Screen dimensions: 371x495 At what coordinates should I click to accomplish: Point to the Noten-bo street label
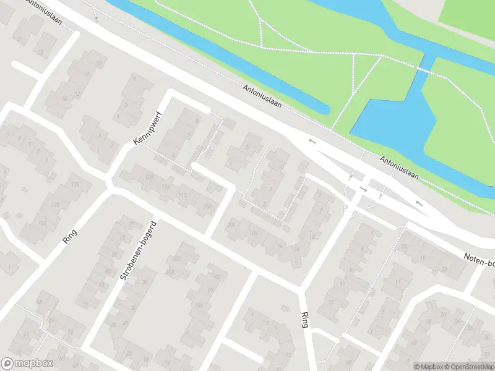click(x=480, y=260)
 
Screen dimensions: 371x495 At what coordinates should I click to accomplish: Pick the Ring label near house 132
click(x=69, y=236)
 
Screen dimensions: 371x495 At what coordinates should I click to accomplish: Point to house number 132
click(x=42, y=223)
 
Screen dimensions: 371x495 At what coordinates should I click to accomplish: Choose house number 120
click(x=148, y=177)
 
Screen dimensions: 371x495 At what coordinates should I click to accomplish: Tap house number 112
click(x=182, y=195)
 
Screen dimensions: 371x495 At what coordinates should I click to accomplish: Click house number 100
click(x=252, y=233)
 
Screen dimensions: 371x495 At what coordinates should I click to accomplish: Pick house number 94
click(x=280, y=245)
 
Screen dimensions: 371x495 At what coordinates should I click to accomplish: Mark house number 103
click(x=170, y=272)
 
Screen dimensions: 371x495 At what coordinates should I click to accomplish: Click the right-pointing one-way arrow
click(x=364, y=189)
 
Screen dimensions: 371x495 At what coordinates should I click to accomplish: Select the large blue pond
click(x=387, y=117)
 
